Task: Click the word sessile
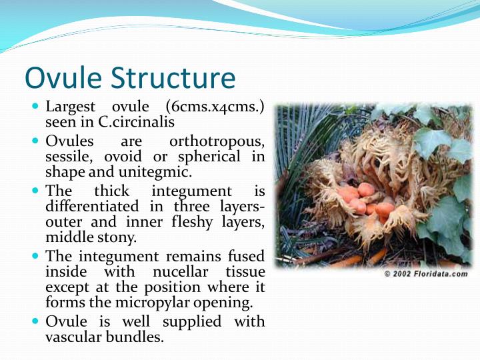68,157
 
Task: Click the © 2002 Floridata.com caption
426,274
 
